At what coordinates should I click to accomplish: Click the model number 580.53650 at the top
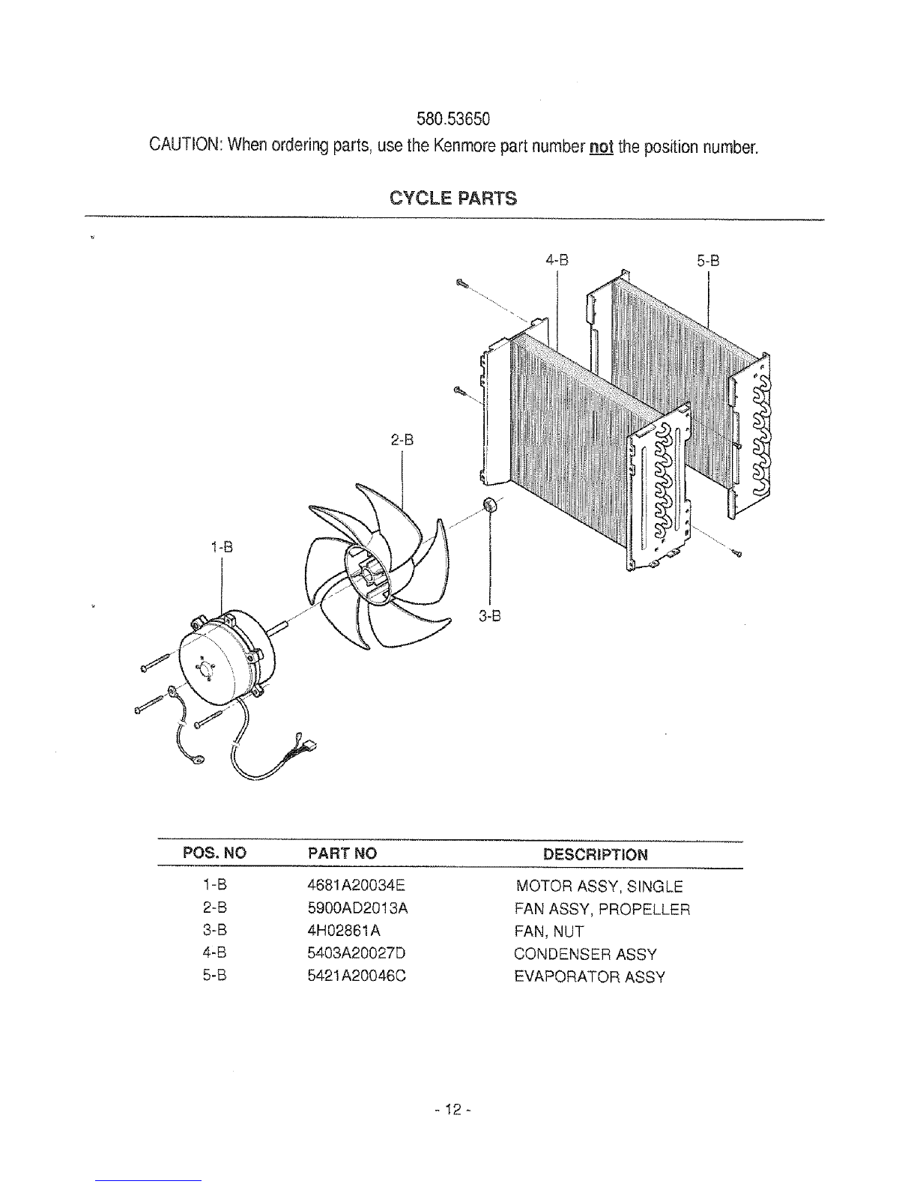point(453,118)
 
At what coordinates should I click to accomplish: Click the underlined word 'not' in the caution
point(602,146)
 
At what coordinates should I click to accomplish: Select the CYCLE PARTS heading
point(453,198)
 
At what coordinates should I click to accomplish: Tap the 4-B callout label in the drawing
point(557,260)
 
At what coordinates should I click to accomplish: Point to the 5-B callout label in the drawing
point(708,261)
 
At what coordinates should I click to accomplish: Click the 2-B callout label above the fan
point(402,440)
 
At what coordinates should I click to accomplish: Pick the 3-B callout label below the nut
point(490,616)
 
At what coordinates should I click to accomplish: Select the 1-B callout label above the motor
point(222,547)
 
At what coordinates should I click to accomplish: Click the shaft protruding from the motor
point(280,629)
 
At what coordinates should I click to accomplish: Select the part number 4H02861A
point(344,930)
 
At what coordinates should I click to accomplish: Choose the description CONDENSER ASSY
point(585,954)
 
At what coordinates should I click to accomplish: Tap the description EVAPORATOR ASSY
point(590,976)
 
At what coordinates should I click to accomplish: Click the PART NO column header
point(342,854)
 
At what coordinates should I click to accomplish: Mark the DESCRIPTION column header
point(596,854)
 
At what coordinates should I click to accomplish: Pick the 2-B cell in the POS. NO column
point(214,907)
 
